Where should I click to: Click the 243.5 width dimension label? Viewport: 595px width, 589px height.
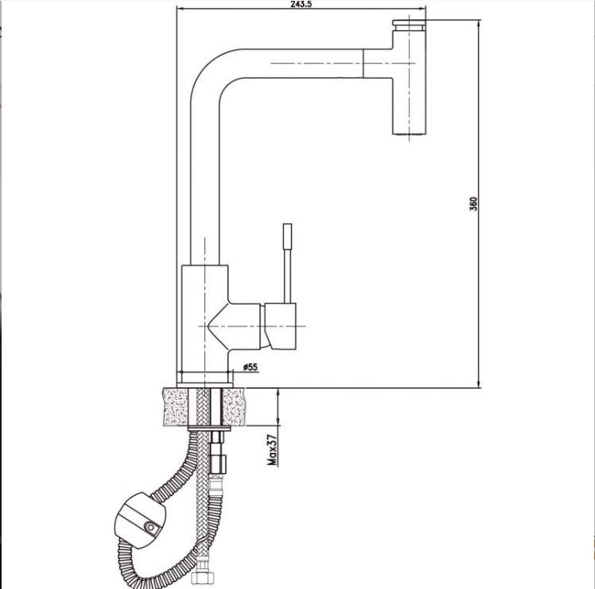tap(301, 4)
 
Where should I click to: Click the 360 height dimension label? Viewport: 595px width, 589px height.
tap(473, 203)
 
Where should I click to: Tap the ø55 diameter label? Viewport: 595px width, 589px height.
tap(251, 366)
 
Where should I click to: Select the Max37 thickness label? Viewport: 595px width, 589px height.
tap(273, 450)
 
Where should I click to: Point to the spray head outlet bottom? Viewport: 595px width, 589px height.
tap(409, 133)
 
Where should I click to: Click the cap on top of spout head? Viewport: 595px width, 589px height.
tap(409, 25)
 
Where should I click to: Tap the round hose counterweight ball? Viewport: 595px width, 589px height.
tap(140, 521)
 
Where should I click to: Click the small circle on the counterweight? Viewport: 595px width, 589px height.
tap(151, 528)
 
